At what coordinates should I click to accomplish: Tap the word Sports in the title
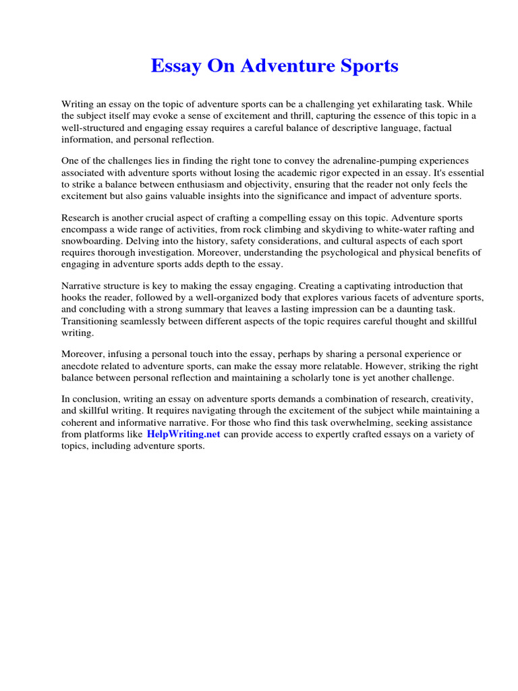[367, 66]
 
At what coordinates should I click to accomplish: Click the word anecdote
[83, 366]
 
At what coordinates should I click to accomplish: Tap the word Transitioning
[92, 321]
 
